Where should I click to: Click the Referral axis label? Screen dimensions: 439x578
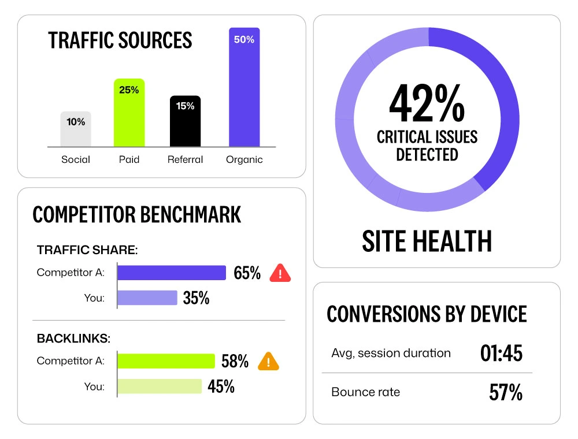(185, 159)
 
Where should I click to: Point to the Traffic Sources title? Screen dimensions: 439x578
(120, 40)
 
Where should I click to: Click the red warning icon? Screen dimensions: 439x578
(280, 273)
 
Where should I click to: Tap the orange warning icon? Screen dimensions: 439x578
(268, 362)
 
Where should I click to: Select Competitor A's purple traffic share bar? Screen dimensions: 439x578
(172, 273)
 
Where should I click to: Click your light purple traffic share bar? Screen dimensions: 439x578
(147, 297)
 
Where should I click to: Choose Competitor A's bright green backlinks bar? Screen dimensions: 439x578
(166, 361)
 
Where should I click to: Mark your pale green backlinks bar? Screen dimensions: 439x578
(160, 386)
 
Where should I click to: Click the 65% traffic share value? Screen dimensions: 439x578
(247, 273)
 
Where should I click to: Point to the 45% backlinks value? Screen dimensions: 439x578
(221, 386)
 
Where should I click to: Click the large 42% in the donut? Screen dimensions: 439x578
(427, 103)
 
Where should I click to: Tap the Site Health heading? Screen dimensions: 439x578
(427, 241)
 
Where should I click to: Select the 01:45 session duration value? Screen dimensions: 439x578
(501, 353)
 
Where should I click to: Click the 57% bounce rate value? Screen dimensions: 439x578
(505, 393)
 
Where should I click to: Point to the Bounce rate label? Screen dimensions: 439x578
(365, 392)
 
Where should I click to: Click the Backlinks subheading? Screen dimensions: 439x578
(73, 338)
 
